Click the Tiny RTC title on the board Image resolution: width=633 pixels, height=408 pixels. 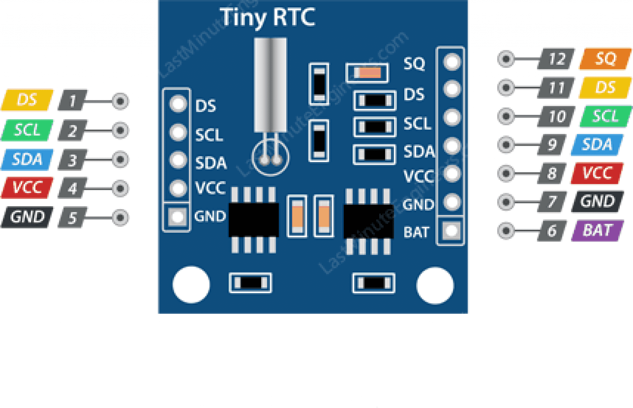click(x=267, y=17)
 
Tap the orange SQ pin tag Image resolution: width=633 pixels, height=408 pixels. click(x=605, y=59)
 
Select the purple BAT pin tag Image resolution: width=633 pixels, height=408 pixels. click(x=597, y=231)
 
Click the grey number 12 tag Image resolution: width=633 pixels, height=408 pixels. click(x=556, y=59)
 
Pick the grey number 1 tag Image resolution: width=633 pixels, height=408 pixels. click(x=73, y=100)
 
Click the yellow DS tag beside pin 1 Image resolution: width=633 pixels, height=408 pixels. click(x=27, y=100)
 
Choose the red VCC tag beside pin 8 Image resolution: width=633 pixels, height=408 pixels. click(x=597, y=173)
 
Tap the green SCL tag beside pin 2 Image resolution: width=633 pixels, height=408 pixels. click(x=27, y=130)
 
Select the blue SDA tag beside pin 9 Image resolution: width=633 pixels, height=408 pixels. click(x=597, y=144)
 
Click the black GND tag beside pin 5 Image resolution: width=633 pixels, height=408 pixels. click(x=27, y=217)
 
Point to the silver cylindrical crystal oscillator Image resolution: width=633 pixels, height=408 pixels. click(x=270, y=85)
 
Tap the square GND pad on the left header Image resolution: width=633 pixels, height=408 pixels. click(x=177, y=216)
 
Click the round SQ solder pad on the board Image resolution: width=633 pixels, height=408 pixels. click(x=452, y=61)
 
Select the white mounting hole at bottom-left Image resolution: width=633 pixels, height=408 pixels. click(x=191, y=285)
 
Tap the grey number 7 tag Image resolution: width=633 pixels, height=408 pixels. click(x=552, y=202)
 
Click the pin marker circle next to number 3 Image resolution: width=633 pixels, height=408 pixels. click(x=120, y=160)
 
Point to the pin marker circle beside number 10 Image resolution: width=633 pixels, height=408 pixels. click(x=506, y=116)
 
